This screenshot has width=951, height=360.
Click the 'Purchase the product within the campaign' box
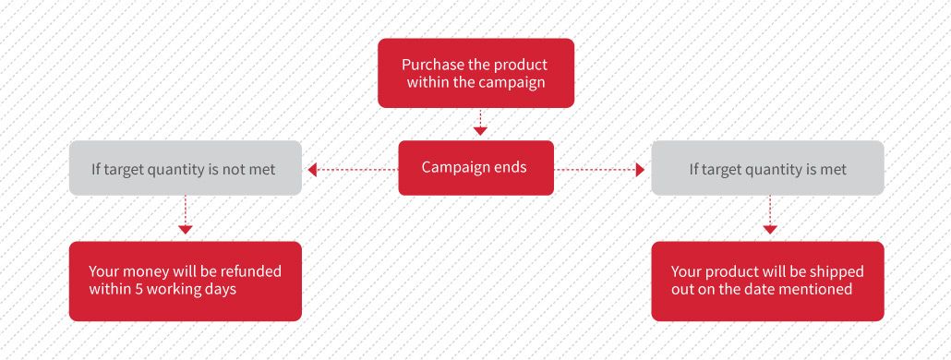(475, 73)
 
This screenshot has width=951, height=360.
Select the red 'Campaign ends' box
(475, 168)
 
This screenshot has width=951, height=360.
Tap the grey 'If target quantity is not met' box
(185, 168)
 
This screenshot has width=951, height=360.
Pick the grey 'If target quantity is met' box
(767, 168)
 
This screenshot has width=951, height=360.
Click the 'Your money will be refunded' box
(185, 282)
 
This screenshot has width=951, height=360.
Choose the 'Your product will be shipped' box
(767, 282)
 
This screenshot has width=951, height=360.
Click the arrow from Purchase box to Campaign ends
(480, 123)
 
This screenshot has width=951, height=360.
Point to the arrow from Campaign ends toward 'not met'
(353, 170)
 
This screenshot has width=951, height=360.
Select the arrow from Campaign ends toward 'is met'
(599, 170)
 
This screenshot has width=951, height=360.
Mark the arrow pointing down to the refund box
(185, 215)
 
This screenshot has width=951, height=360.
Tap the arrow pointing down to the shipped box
(770, 215)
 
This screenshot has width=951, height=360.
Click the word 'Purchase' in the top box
(433, 65)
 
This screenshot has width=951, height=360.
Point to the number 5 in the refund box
(136, 289)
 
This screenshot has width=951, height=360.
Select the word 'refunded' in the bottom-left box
(250, 270)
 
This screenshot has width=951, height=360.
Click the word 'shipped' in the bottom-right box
(838, 271)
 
